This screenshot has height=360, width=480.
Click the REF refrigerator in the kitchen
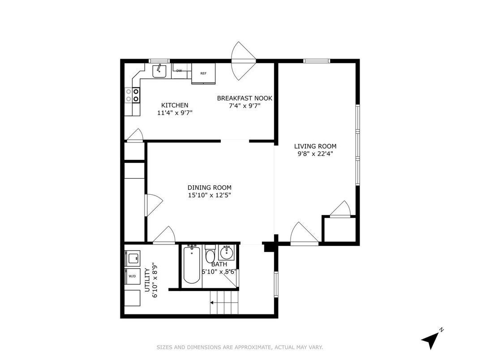tap(203, 73)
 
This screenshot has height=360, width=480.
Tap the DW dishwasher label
tap(179, 71)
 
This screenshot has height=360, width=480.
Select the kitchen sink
tap(159, 71)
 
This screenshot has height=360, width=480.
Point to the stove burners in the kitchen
tap(132, 95)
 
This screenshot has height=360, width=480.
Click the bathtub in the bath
tap(192, 265)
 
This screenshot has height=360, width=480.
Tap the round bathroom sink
tap(227, 253)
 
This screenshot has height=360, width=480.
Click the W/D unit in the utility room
tap(132, 276)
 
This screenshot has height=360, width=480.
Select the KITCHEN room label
tap(175, 105)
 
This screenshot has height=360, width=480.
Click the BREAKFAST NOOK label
tap(244, 98)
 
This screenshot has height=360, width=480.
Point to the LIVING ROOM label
tap(315, 146)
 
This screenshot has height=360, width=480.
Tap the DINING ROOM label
tap(210, 188)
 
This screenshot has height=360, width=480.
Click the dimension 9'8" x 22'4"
tap(315, 154)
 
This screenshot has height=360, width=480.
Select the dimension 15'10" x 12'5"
tap(210, 195)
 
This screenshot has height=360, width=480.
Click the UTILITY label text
tap(147, 280)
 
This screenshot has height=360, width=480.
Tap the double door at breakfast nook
tap(243, 61)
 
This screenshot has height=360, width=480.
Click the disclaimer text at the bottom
tap(240, 347)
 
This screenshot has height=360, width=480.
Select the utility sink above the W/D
tap(132, 258)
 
